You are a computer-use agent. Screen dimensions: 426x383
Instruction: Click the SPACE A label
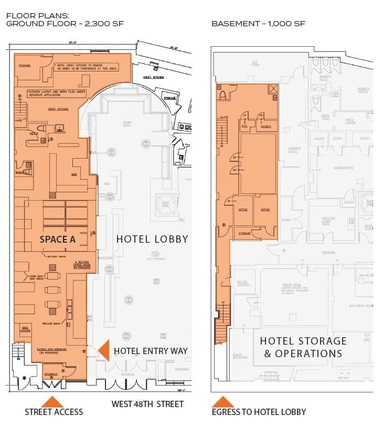tap(58, 240)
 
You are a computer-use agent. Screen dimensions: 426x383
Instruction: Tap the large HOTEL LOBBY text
tap(152, 239)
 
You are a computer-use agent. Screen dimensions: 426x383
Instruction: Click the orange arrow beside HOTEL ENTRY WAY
tap(103, 350)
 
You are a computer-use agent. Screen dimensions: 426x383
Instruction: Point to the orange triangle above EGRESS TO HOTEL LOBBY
tap(223, 402)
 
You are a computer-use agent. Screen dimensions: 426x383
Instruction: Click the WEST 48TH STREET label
tap(147, 404)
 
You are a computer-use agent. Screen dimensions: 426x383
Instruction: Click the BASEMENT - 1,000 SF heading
tap(258, 24)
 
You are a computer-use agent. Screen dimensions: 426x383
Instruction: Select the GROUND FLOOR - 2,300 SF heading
tap(65, 24)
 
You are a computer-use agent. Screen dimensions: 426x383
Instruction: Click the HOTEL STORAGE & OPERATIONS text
tap(303, 347)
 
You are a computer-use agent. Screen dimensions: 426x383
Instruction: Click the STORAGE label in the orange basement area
tap(244, 233)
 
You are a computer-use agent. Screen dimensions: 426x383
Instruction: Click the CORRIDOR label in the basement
tap(329, 253)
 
